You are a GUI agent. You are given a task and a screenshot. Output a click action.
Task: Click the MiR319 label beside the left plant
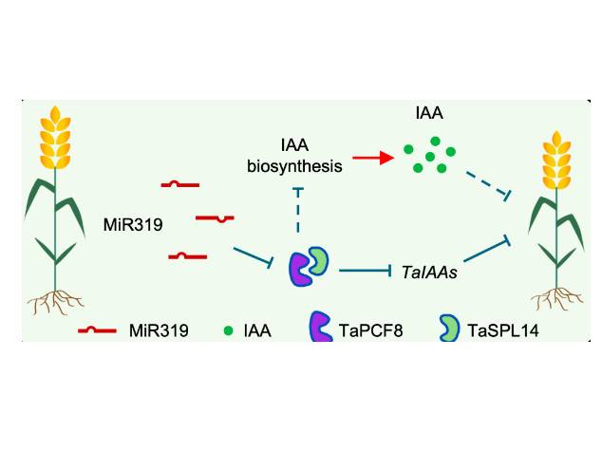click(133, 225)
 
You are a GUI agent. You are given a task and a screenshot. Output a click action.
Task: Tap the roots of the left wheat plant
click(53, 303)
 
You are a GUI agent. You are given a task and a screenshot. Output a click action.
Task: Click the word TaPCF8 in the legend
click(370, 331)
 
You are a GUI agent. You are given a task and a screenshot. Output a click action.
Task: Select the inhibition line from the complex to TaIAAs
click(366, 273)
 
